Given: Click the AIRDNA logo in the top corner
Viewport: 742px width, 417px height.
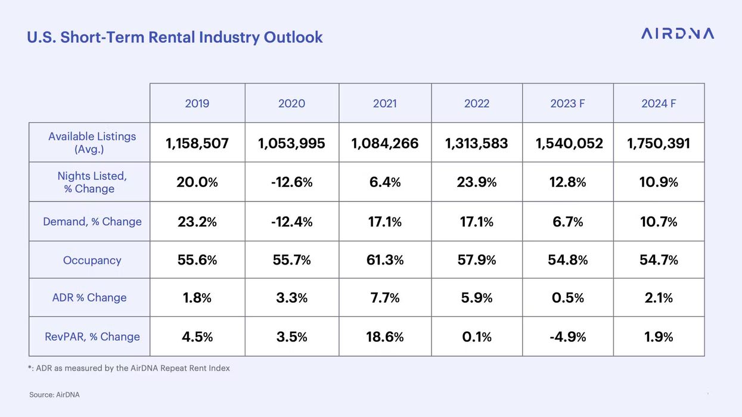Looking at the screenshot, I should coord(677,33).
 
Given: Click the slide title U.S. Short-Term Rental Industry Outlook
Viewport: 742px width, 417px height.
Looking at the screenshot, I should coord(175,37).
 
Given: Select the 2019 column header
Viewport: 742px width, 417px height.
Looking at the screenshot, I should coord(197,104).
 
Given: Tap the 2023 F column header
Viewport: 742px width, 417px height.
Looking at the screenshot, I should coord(567,104).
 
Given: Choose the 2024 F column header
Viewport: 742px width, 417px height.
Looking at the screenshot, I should coord(659,104).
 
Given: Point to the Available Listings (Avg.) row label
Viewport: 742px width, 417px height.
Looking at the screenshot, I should coord(92,142).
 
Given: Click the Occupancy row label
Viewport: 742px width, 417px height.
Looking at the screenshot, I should coord(92,260).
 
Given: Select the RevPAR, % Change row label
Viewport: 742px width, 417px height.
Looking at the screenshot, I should coord(92,337).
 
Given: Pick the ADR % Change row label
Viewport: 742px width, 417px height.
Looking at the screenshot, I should coord(89,297).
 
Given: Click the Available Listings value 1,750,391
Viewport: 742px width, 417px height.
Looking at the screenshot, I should coord(659,144).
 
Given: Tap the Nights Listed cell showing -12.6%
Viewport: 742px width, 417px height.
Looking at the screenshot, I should coord(291,182).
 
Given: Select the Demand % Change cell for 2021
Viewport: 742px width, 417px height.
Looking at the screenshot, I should coord(385,222).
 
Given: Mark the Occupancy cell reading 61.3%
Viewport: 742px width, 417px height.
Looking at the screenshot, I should coord(385,260).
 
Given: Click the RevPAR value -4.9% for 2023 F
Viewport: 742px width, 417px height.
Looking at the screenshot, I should coord(567,337).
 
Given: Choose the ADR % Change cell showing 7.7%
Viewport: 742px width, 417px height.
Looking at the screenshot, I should coord(385,298).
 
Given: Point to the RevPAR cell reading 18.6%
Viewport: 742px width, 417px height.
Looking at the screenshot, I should coord(385,337).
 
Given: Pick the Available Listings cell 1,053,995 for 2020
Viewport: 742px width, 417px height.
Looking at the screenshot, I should coord(291,144).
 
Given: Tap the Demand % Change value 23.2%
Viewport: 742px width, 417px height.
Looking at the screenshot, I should coord(197,222).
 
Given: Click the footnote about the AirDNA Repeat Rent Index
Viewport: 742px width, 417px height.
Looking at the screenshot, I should coord(129,368).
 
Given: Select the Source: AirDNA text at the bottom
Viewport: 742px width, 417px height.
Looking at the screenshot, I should coord(54,395).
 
